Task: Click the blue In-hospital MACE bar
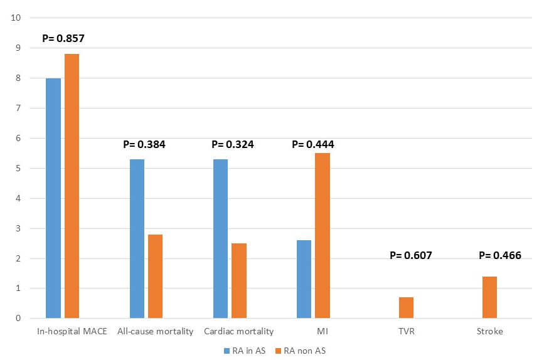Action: (x=53, y=198)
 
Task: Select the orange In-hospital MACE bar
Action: (x=72, y=186)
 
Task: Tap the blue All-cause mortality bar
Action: (x=137, y=239)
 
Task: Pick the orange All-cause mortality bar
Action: (x=155, y=277)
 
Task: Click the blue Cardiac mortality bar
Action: (x=220, y=239)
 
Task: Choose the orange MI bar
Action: (x=322, y=236)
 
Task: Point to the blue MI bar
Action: (x=304, y=279)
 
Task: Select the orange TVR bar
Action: (x=406, y=308)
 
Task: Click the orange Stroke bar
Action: (x=489, y=297)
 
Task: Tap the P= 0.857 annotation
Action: (x=63, y=38)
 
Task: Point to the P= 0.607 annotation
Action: (x=411, y=255)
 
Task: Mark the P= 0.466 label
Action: (x=500, y=255)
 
